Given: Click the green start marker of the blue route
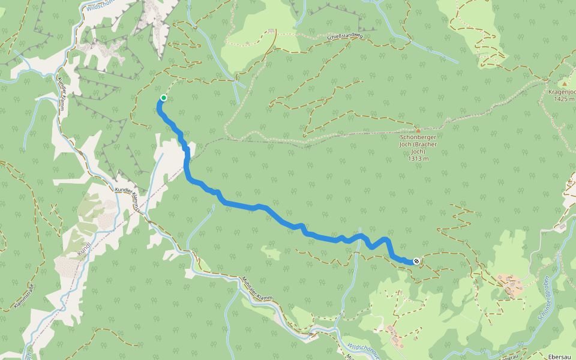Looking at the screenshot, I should coord(163,98).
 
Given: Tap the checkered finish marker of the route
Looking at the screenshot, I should coord(416,261).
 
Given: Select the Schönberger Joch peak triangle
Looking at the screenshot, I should coord(418,130).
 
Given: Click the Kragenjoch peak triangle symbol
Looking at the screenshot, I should coord(564,84).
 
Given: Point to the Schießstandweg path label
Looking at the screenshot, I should coord(345,37).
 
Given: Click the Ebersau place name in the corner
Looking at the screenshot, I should coord(559,356).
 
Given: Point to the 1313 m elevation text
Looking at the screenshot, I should coord(418,159).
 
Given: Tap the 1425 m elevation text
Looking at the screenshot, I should coord(565,99).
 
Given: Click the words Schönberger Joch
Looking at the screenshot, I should coord(418,137).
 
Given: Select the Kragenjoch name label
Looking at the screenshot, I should coord(562,92).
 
